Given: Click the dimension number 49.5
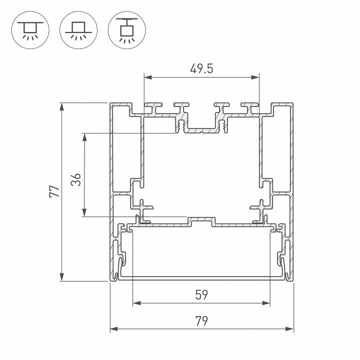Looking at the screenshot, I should pyautogui.click(x=201, y=69).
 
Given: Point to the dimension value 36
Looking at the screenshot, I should pyautogui.click(x=75, y=180).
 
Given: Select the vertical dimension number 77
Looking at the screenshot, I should pyautogui.click(x=54, y=192).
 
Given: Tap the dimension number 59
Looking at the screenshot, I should pyautogui.click(x=201, y=294).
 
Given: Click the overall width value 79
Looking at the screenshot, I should pyautogui.click(x=201, y=320).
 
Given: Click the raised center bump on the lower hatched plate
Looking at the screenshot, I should pyautogui.click(x=201, y=219).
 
